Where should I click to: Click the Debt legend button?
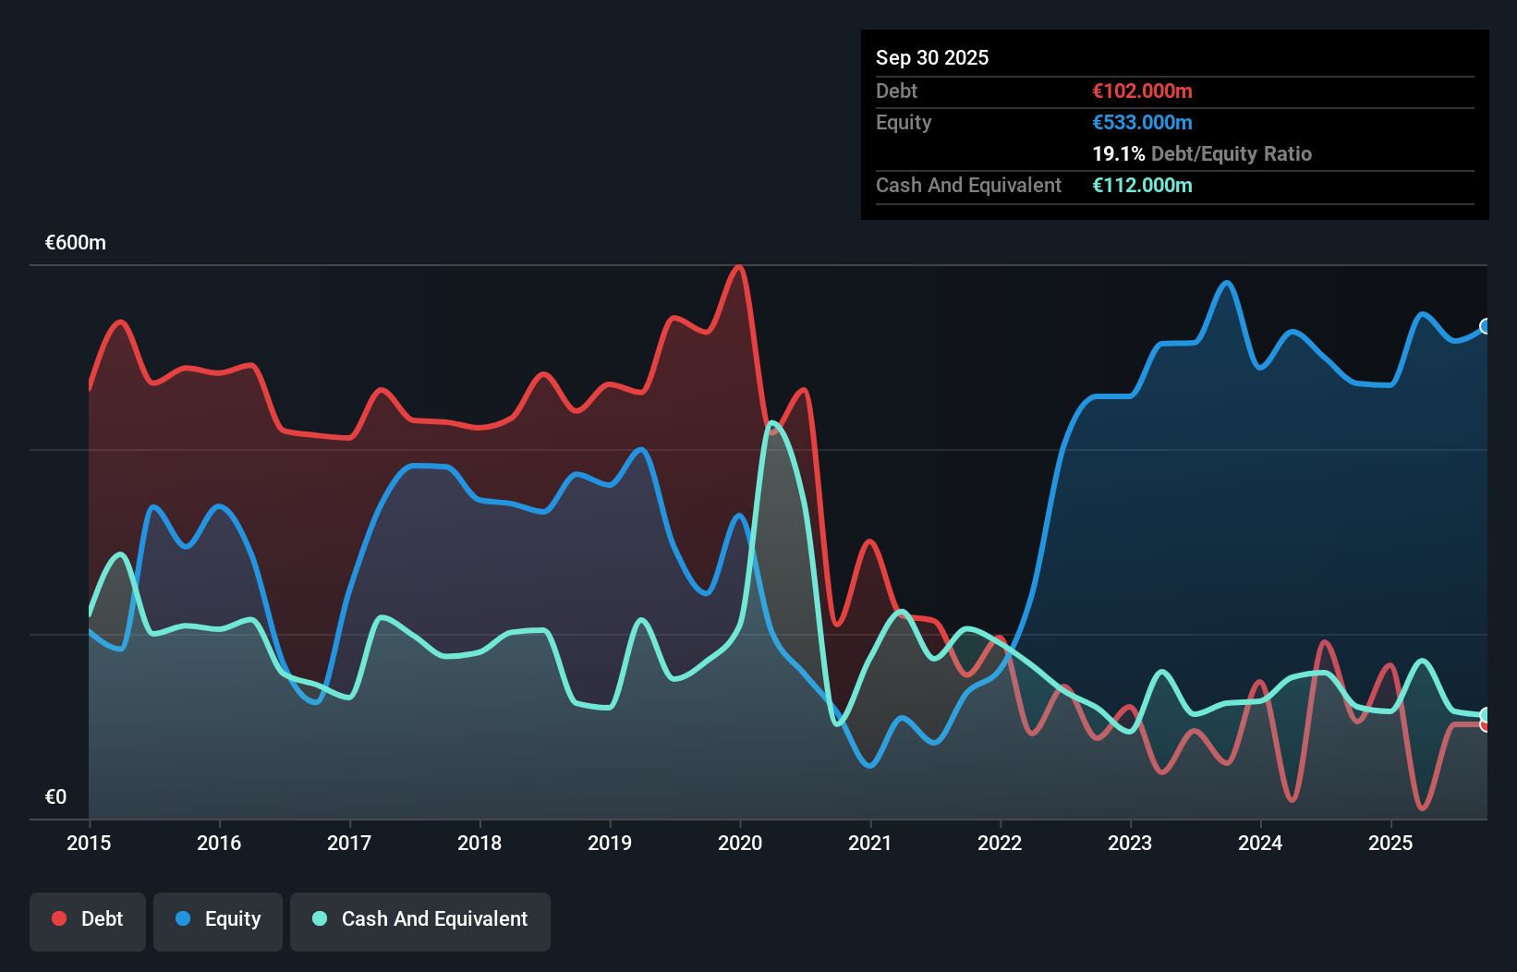pyautogui.click(x=88, y=919)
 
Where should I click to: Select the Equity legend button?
pyautogui.click(x=218, y=919)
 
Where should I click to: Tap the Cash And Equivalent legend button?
pyautogui.click(x=420, y=919)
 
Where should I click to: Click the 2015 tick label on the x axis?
pyautogui.click(x=89, y=843)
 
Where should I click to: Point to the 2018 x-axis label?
pyautogui.click(x=479, y=843)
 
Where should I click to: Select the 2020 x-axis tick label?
pyautogui.click(x=740, y=843)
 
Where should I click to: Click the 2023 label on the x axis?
pyautogui.click(x=1130, y=843)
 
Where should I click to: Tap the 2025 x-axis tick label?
pyautogui.click(x=1390, y=843)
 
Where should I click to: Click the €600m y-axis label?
pyautogui.click(x=76, y=243)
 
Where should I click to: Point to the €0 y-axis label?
pyautogui.click(x=55, y=796)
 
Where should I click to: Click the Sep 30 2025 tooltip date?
pyautogui.click(x=932, y=57)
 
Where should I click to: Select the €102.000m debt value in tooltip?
pyautogui.click(x=1142, y=91)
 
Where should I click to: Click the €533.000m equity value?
pyautogui.click(x=1142, y=122)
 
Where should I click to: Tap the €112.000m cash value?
pyautogui.click(x=1142, y=185)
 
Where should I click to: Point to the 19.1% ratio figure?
pyautogui.click(x=1118, y=153)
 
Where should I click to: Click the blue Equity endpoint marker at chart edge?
pyautogui.click(x=1486, y=326)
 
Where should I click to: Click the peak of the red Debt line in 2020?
pyautogui.click(x=738, y=267)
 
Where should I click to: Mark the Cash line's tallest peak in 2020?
pyautogui.click(x=772, y=423)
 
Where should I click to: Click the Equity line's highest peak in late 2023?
pyautogui.click(x=1227, y=283)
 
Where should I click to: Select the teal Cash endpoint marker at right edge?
pyautogui.click(x=1486, y=715)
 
